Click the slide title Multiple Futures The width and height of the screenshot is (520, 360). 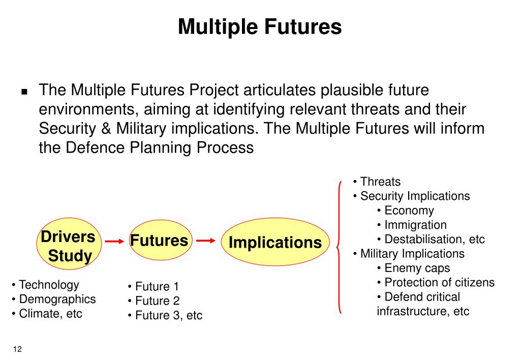(x=260, y=26)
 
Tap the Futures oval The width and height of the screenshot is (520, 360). (x=159, y=241)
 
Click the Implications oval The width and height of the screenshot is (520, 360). (x=274, y=243)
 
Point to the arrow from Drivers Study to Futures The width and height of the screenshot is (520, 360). (x=114, y=242)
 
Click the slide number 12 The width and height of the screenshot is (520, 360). (x=18, y=349)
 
